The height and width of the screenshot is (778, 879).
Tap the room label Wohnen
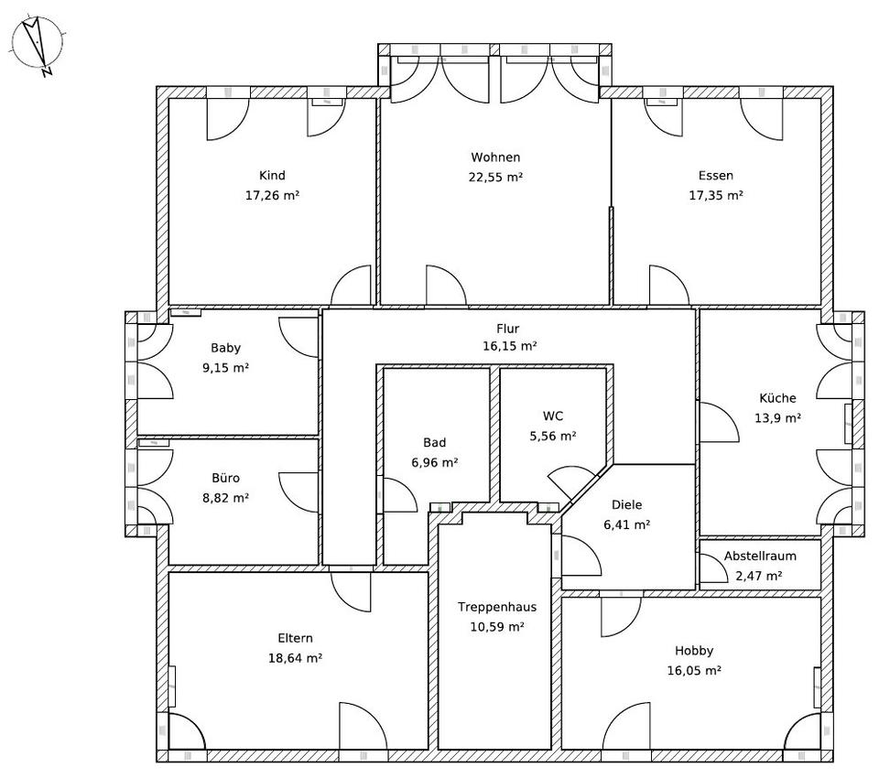coord(495,157)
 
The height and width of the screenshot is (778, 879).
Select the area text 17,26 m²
coord(272,195)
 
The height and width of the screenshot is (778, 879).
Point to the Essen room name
coord(715,176)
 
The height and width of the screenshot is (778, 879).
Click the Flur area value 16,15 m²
coord(509,346)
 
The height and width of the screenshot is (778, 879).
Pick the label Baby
coord(225,348)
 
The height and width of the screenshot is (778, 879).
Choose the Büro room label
coord(225,478)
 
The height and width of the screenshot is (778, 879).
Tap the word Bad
coord(435,442)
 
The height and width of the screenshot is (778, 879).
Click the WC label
coord(552,416)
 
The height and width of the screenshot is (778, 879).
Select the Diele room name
coord(626,504)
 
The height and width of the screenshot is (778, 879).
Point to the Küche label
coord(777,398)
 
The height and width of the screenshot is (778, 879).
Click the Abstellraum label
coord(760,556)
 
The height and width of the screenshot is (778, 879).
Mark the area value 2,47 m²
coord(759,576)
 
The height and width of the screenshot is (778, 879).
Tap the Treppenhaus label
coord(497,607)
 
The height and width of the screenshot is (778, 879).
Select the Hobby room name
coord(694,651)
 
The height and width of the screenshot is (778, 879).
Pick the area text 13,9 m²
coord(777,417)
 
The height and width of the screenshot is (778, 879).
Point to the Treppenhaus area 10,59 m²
coord(497,627)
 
